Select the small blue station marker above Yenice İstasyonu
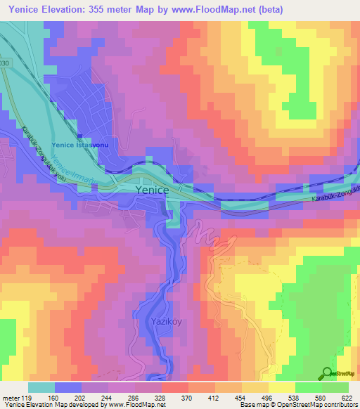coord(79,136)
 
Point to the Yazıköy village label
coord(167,321)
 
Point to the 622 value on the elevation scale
coord(347,397)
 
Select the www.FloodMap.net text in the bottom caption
coord(139,405)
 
